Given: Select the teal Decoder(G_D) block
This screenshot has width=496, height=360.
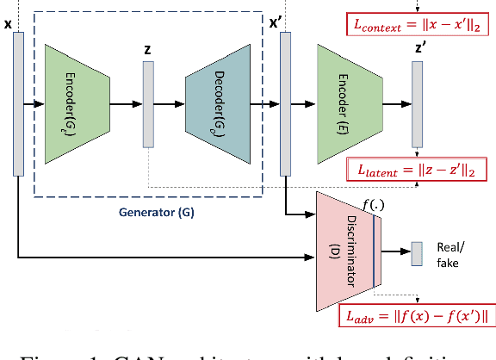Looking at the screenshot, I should click(x=219, y=104).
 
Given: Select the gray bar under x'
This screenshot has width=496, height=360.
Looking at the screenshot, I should click(x=284, y=104).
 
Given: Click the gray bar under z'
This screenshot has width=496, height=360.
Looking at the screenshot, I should click(x=418, y=104).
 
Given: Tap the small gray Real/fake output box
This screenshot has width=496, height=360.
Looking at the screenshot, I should click(x=417, y=252).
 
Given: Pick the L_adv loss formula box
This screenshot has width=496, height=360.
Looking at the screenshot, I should click(x=416, y=314).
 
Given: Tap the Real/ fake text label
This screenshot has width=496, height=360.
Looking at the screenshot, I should click(x=447, y=252).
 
